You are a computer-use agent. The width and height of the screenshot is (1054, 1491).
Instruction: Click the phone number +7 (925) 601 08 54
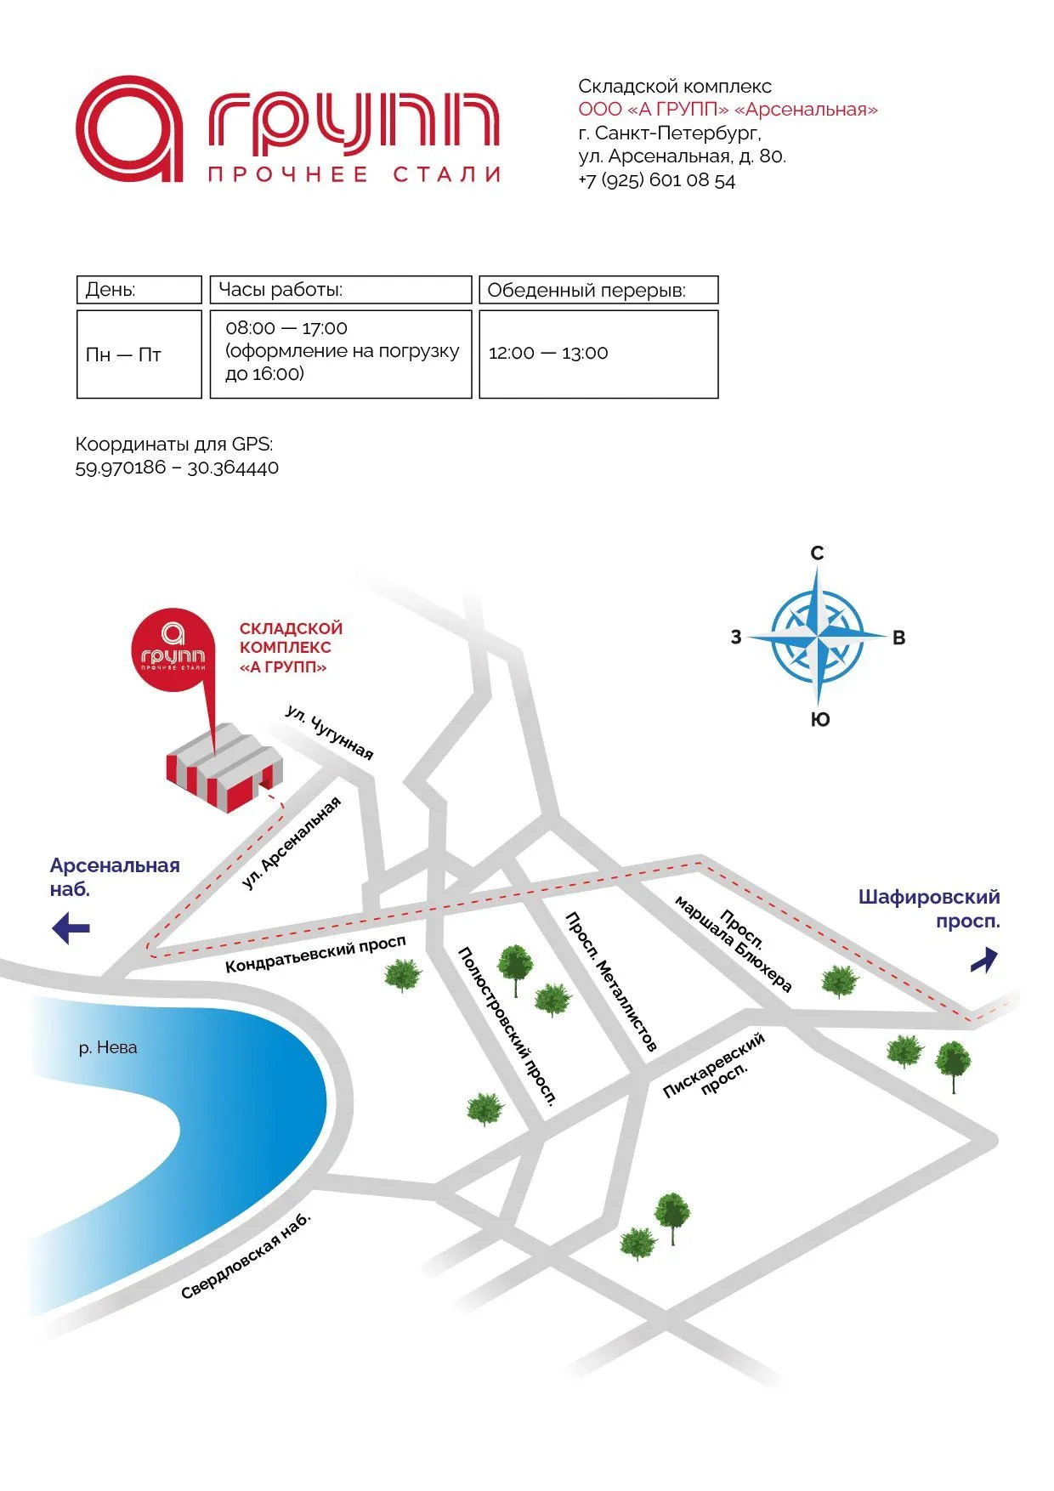tap(656, 180)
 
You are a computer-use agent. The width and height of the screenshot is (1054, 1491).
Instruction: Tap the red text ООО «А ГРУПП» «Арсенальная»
tap(728, 110)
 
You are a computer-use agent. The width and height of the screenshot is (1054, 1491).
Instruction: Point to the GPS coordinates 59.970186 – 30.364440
tap(177, 468)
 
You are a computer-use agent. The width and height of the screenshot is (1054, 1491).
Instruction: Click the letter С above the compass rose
tap(817, 553)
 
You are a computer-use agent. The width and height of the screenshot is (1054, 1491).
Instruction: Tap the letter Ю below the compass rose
tap(819, 720)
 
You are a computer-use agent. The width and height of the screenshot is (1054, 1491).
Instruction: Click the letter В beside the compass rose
tap(898, 638)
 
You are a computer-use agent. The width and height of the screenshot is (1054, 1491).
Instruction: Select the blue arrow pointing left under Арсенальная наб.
tap(71, 927)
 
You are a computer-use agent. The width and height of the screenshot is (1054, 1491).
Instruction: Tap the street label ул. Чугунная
tap(330, 732)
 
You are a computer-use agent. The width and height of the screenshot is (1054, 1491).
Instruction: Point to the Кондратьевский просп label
tap(315, 955)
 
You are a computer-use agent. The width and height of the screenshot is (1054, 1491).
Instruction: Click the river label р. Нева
tap(108, 1047)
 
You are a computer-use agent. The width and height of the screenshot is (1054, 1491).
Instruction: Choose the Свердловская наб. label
tap(246, 1256)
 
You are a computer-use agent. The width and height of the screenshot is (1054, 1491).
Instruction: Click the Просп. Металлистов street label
tap(611, 982)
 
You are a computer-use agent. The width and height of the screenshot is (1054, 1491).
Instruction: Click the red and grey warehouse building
tap(224, 768)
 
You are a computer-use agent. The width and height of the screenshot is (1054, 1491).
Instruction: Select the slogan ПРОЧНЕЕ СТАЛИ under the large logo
tap(354, 175)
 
